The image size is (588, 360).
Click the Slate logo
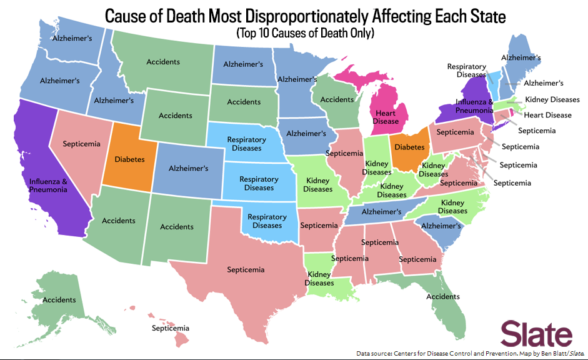click(x=537, y=334)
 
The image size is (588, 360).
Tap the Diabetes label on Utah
click(x=130, y=159)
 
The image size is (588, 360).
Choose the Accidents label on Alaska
click(x=59, y=300)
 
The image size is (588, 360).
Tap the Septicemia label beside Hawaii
click(x=170, y=328)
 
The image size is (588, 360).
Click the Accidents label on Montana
click(x=163, y=62)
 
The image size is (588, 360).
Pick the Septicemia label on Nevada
click(x=82, y=144)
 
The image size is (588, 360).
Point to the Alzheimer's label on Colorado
click(x=188, y=168)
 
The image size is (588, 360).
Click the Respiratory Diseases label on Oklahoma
click(x=267, y=221)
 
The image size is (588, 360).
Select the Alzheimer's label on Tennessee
click(x=382, y=212)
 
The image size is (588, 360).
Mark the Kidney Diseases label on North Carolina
click(x=452, y=207)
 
